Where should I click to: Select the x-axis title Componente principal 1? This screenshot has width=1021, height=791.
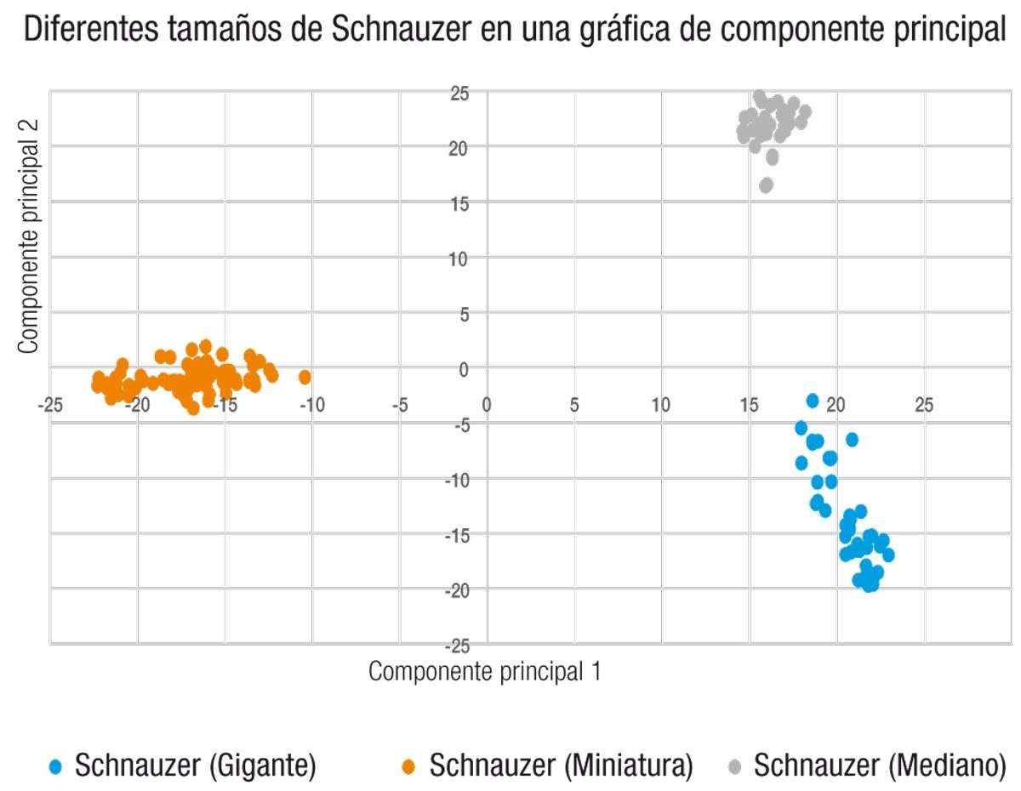485,671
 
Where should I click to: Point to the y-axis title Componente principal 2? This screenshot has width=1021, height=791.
30,236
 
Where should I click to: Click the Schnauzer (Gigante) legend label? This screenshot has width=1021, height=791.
196,765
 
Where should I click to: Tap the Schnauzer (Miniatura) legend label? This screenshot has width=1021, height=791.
561,765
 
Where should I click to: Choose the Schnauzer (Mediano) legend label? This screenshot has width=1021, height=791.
880,765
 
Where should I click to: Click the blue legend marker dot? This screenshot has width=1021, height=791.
56,767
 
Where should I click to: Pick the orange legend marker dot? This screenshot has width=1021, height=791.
409,767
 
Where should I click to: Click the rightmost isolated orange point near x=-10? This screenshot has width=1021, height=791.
305,377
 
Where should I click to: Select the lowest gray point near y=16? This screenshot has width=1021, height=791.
766,185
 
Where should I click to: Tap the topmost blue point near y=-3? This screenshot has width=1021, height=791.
813,400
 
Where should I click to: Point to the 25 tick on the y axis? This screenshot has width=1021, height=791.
460,93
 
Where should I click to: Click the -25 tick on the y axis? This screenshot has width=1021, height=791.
458,644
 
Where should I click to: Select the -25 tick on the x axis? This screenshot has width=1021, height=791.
51,405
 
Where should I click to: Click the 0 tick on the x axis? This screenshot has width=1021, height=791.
487,405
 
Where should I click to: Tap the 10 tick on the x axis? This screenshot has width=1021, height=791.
661,405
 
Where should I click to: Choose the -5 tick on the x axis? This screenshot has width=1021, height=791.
399,405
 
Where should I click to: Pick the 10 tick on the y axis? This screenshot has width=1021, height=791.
460,259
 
